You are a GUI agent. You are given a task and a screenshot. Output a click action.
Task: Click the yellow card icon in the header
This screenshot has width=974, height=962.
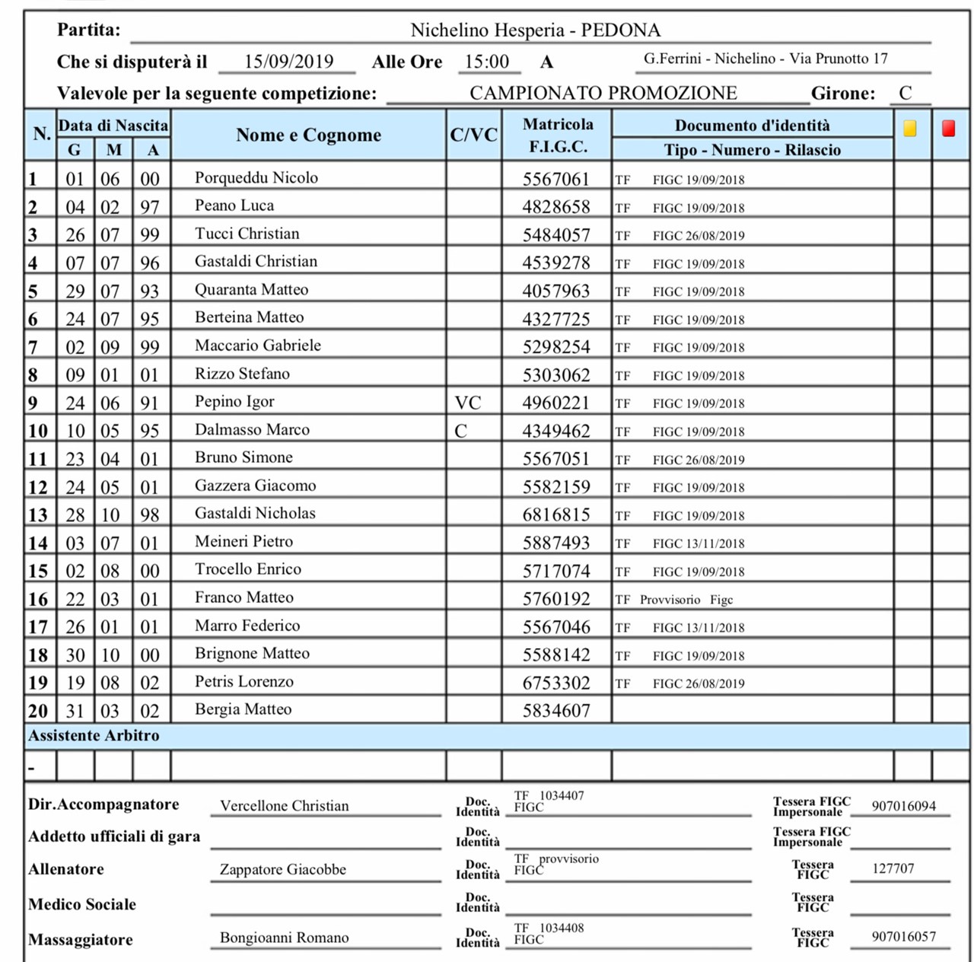point(910,129)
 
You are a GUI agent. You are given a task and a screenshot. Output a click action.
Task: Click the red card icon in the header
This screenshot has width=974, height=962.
point(948,129)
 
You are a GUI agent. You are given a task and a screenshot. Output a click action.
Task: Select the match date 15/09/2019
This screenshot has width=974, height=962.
point(288,62)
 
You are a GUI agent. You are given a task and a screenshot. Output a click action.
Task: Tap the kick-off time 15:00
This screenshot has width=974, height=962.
point(487,62)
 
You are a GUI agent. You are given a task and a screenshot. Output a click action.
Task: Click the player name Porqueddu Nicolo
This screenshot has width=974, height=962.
point(256,177)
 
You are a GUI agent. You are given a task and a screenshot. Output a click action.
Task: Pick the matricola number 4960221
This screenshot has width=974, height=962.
point(556,403)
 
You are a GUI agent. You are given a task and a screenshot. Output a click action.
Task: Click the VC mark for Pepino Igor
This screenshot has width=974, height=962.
point(468,403)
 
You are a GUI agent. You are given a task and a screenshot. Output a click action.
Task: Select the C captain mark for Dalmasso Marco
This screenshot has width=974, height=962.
point(460,431)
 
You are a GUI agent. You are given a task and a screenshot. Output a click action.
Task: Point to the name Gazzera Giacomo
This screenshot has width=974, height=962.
point(255,486)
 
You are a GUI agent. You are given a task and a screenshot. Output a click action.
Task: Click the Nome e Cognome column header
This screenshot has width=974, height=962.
point(308,135)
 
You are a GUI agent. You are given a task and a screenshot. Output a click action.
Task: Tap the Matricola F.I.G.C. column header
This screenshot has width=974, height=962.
point(558,135)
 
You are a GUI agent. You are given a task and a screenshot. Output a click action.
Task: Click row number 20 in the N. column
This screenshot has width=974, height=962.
point(38,711)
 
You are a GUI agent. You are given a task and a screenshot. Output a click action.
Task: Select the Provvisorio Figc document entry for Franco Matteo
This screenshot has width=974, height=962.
point(686,600)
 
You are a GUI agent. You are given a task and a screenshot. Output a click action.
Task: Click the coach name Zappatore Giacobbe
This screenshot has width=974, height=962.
point(283,869)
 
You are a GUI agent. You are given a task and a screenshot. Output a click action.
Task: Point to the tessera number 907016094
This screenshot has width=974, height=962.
point(904,806)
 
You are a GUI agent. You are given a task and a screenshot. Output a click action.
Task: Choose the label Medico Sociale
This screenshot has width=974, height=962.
point(82,904)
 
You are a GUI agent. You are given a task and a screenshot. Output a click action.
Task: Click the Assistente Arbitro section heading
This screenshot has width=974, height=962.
point(94,736)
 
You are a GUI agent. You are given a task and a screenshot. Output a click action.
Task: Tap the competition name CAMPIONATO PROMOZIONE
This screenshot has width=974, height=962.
point(603,93)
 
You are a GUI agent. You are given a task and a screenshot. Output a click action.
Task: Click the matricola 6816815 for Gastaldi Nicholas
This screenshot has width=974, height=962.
point(556,514)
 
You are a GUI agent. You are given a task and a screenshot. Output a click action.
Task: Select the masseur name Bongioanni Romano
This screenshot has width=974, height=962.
point(285,938)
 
